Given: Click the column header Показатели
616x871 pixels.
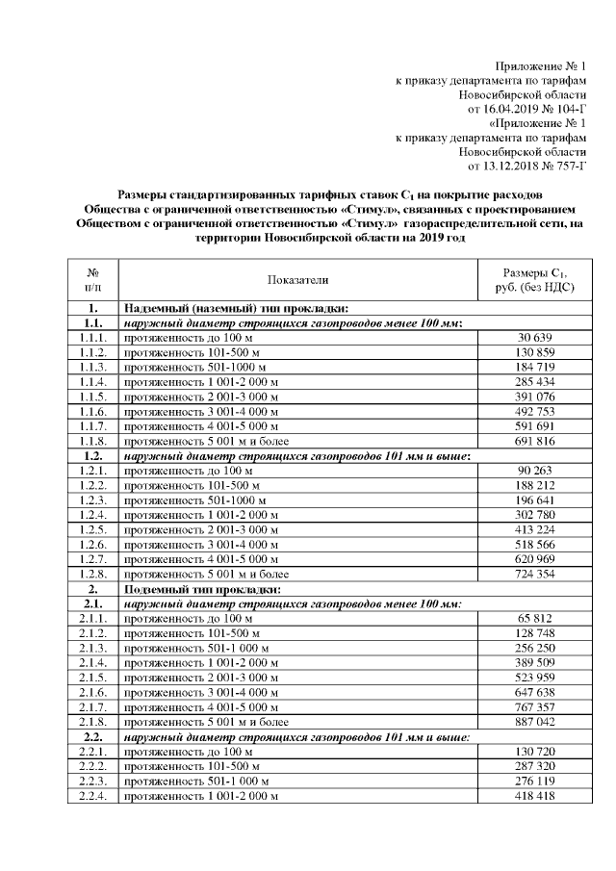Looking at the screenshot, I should tap(298, 279).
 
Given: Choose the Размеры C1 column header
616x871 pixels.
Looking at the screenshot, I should tap(532, 279).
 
